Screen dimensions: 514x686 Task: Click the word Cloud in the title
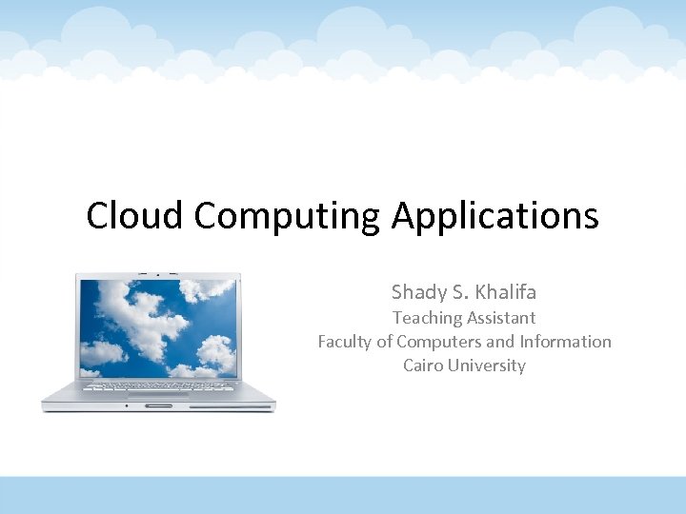pyautogui.click(x=135, y=216)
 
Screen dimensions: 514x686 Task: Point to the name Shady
pyautogui.click(x=419, y=292)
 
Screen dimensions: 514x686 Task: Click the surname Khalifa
pyautogui.click(x=505, y=291)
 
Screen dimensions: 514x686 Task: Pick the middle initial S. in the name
pyautogui.click(x=462, y=291)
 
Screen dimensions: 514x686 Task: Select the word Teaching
pyautogui.click(x=426, y=318)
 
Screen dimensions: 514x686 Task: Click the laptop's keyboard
pyautogui.click(x=158, y=386)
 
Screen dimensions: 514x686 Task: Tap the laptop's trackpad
pyautogui.click(x=158, y=396)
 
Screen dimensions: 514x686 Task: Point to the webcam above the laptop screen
pyautogui.click(x=159, y=274)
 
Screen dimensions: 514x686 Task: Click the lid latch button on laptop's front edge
pyautogui.click(x=159, y=405)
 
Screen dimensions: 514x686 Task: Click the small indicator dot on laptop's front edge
pyautogui.click(x=127, y=405)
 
